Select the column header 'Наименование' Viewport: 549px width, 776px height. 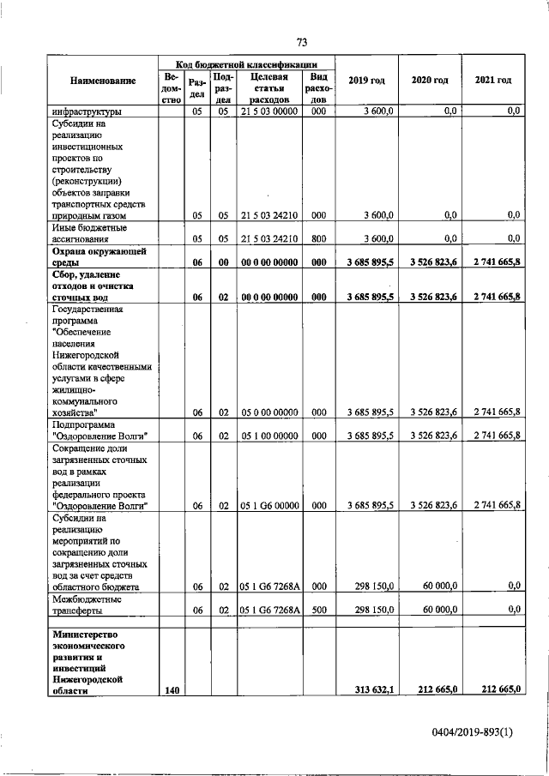(x=104, y=81)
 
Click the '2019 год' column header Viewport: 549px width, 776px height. (x=366, y=81)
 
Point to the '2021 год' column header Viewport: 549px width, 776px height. (x=492, y=81)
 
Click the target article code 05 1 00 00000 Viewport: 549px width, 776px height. (x=269, y=436)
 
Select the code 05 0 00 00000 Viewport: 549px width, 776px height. (x=269, y=412)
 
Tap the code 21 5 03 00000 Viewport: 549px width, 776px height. (x=269, y=111)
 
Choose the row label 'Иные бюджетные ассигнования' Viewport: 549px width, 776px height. (x=89, y=233)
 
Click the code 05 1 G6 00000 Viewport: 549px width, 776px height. (x=269, y=506)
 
